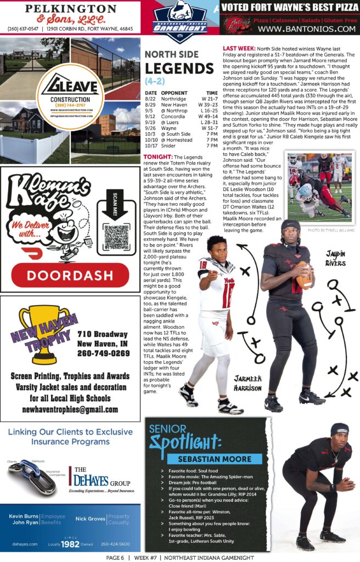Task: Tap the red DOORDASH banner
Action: (70, 274)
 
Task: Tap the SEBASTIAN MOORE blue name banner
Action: (215, 459)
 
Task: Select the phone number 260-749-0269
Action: (104, 353)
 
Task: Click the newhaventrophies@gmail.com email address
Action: (70, 409)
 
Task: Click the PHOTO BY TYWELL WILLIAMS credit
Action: (331, 231)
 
